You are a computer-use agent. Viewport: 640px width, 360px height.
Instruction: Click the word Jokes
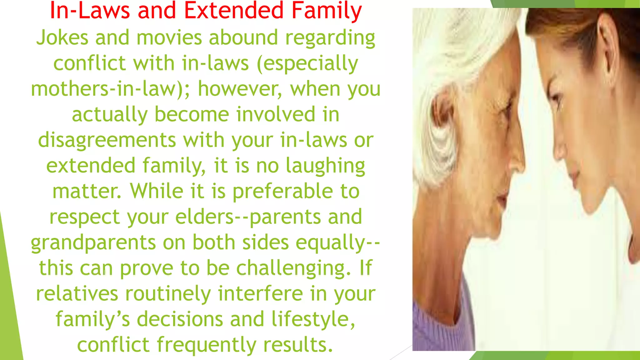(x=62, y=38)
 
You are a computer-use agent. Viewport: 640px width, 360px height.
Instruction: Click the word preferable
(x=283, y=191)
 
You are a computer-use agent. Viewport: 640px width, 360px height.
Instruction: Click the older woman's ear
(x=442, y=112)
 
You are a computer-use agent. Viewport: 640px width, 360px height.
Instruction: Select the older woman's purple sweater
(x=437, y=325)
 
